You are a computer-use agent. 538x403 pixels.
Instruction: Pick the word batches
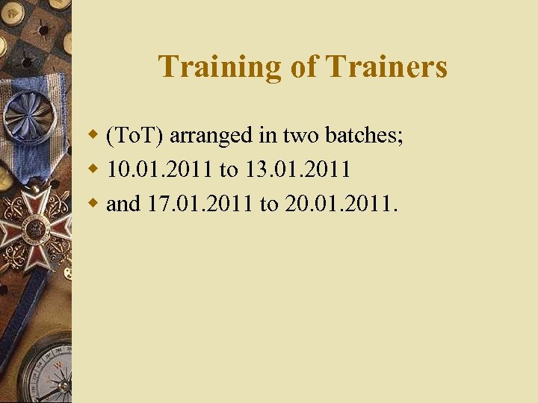point(364,137)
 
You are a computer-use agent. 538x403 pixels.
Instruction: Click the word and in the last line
point(123,204)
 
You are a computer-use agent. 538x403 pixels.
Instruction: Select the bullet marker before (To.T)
point(94,136)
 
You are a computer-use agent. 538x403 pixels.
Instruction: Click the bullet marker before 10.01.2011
point(94,169)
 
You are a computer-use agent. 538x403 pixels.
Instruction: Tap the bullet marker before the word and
point(94,203)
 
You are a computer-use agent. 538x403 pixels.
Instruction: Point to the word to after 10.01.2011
point(228,171)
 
